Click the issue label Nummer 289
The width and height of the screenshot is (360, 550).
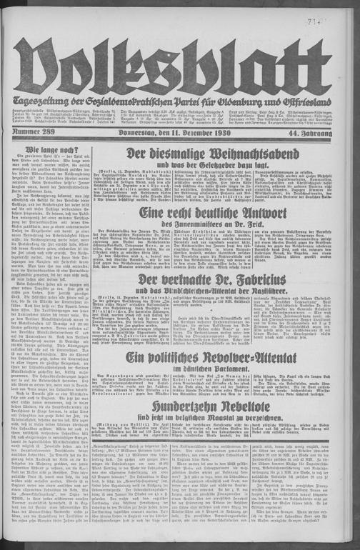pos(32,132)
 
